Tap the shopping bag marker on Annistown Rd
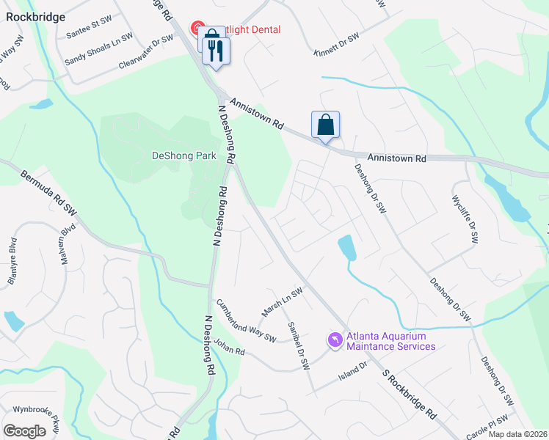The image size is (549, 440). pyautogui.click(x=325, y=125)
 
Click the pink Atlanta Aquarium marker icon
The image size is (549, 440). pyautogui.click(x=335, y=341)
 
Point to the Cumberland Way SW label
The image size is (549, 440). pyautogui.click(x=244, y=320)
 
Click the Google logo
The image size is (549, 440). pyautogui.click(x=24, y=430)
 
